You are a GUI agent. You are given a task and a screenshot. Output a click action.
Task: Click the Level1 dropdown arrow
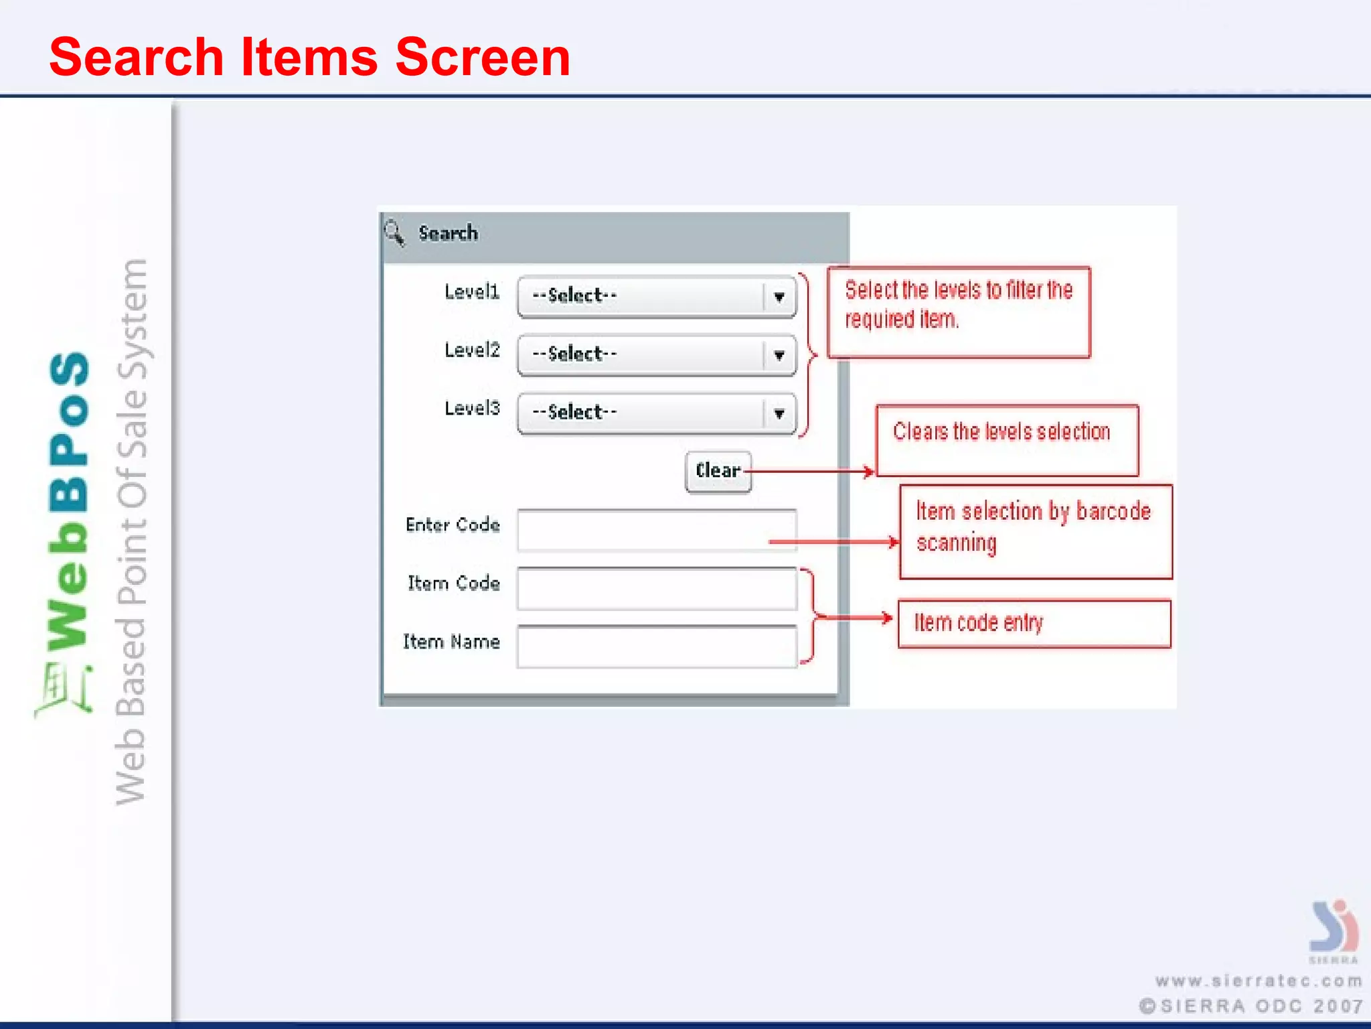pyautogui.click(x=779, y=297)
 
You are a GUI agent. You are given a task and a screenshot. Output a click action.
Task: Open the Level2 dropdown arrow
pyautogui.click(x=779, y=355)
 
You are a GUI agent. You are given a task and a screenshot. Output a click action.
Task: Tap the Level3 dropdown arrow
pyautogui.click(x=779, y=413)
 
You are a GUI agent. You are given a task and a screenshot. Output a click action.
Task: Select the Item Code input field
pyautogui.click(x=657, y=589)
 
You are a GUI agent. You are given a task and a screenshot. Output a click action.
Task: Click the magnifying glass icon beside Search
pyautogui.click(x=394, y=233)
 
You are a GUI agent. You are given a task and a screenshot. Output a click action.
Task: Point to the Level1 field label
pyautogui.click(x=472, y=292)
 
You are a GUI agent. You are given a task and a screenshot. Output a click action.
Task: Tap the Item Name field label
pyautogui.click(x=451, y=642)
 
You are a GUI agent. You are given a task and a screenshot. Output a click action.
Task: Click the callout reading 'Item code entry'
pyautogui.click(x=1034, y=624)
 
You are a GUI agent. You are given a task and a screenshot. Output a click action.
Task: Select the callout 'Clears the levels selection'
pyautogui.click(x=1007, y=439)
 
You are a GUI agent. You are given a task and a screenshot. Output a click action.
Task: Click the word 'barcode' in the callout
pyautogui.click(x=1113, y=512)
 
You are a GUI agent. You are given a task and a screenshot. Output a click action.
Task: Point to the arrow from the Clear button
pyautogui.click(x=810, y=472)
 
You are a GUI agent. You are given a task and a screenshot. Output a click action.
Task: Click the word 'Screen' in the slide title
pyautogui.click(x=483, y=58)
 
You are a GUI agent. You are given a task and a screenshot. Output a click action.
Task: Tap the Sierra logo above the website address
pyautogui.click(x=1334, y=928)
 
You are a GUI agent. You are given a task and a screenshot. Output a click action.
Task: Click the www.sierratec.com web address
pyautogui.click(x=1259, y=981)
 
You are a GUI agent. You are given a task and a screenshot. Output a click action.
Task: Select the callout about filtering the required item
pyautogui.click(x=958, y=312)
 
